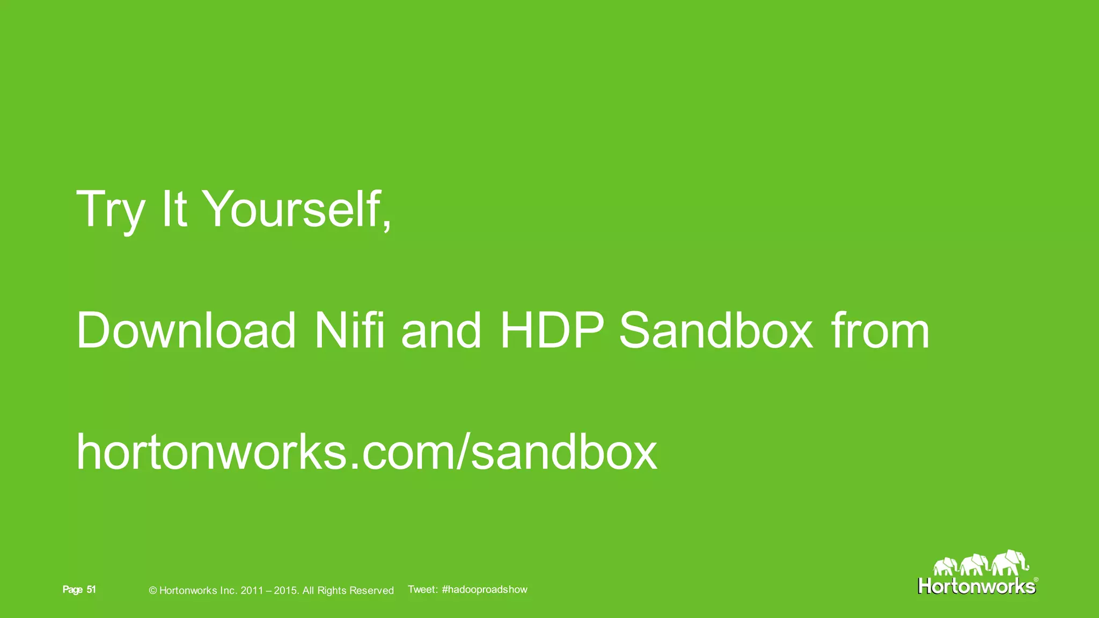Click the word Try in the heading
111,210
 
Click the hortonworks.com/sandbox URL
367,452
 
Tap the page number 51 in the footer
91,590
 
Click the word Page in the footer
72,590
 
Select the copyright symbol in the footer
152,591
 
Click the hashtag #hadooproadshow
485,590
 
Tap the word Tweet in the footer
422,590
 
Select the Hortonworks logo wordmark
976,586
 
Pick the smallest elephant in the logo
945,566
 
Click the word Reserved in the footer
371,591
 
